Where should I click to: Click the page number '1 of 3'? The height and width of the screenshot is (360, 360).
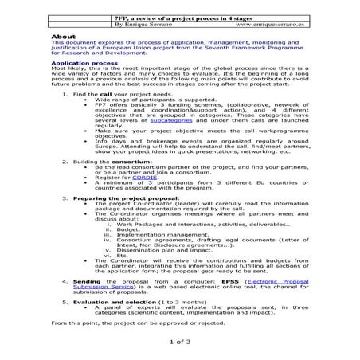click(180, 342)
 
